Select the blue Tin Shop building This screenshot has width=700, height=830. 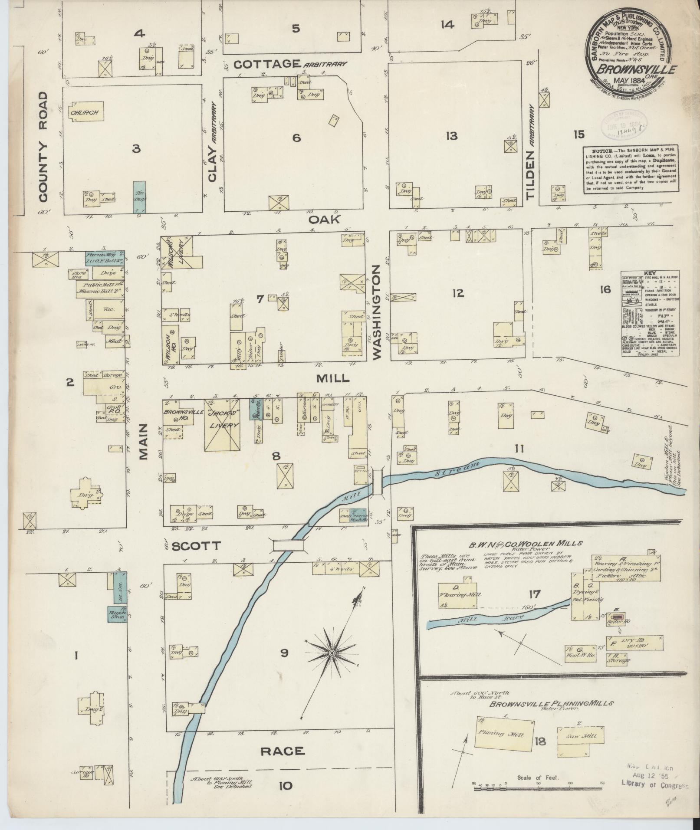[x=139, y=197]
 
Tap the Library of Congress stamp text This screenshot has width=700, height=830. [x=655, y=786]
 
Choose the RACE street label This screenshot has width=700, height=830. [x=282, y=751]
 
